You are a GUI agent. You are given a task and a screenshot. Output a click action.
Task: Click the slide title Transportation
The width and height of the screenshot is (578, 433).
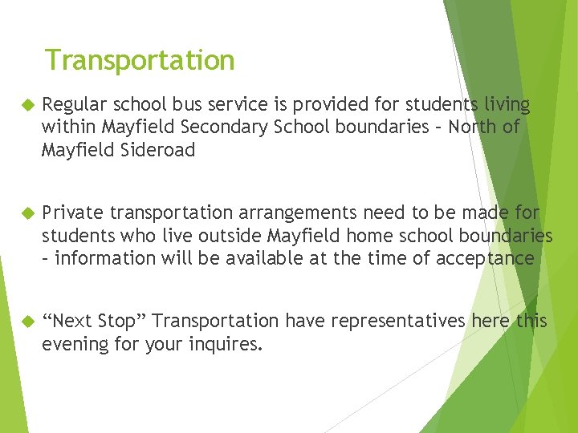tap(140, 60)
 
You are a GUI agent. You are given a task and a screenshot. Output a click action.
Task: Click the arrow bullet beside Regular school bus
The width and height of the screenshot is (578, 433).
tap(25, 106)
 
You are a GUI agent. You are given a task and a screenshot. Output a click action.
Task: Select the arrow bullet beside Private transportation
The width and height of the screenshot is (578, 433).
tap(25, 213)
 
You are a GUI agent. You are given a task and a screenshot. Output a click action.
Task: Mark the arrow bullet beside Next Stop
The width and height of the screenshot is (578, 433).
tap(25, 322)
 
